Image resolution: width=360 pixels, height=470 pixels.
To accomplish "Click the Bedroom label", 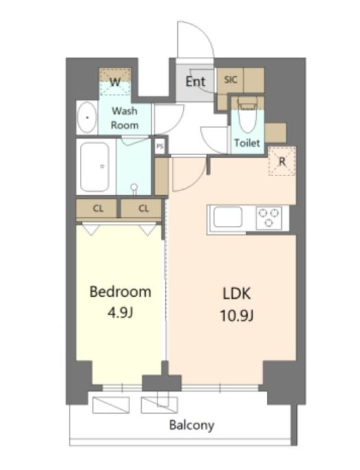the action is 120,292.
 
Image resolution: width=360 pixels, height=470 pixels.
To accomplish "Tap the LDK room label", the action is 237,293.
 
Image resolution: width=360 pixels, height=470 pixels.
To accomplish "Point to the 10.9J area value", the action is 237,315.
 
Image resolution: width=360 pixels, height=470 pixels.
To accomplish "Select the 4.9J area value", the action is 120,313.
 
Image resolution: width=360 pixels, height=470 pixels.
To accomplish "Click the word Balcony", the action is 192,425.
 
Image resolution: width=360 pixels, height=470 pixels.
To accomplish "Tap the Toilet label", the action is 247,143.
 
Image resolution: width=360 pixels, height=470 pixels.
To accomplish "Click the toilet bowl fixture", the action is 247,115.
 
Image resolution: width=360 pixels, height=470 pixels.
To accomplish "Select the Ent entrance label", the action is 195,82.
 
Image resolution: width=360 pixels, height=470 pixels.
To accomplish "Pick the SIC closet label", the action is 231,79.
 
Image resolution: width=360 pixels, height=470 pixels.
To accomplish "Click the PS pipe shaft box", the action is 160,147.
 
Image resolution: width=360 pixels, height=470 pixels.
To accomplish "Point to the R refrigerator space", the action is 282,161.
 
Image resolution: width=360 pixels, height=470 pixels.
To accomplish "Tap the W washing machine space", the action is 115,82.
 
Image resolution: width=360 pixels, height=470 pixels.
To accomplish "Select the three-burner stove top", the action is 269,218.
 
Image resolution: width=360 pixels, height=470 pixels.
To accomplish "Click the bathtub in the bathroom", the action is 94,167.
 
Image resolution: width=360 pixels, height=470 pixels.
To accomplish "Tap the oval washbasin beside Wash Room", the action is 87,118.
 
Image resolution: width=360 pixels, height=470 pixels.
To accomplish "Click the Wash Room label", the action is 125,118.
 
